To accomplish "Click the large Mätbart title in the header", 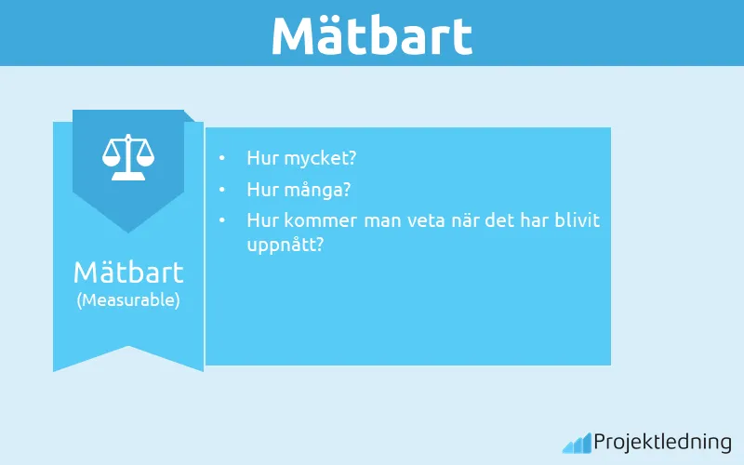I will click(372, 34).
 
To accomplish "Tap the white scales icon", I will click(128, 157).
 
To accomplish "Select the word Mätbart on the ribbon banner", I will click(128, 272).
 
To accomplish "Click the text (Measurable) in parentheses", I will click(128, 300).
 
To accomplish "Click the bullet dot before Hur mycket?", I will click(221, 158).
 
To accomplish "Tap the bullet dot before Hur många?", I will click(221, 190).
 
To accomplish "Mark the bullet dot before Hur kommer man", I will click(221, 221).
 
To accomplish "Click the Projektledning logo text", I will click(662, 443).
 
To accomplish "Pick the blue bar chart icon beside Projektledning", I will click(576, 443).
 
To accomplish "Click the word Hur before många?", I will click(261, 190).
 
